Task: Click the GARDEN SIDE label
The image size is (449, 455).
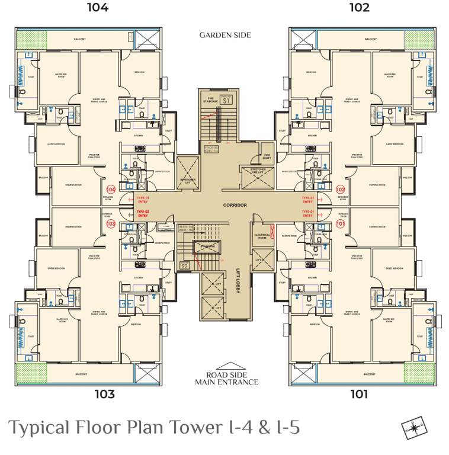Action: click(x=224, y=36)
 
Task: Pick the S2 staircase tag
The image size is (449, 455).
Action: click(x=184, y=265)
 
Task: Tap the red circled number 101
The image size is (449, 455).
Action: click(x=340, y=224)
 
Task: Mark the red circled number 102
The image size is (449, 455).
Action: click(x=340, y=190)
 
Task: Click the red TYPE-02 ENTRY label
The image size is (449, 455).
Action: click(x=143, y=214)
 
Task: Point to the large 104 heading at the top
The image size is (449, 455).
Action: click(x=98, y=8)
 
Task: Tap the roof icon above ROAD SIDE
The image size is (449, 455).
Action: click(x=227, y=367)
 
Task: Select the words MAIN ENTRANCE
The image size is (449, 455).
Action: click(x=227, y=382)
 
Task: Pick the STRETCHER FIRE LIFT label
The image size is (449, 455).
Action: click(x=254, y=171)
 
